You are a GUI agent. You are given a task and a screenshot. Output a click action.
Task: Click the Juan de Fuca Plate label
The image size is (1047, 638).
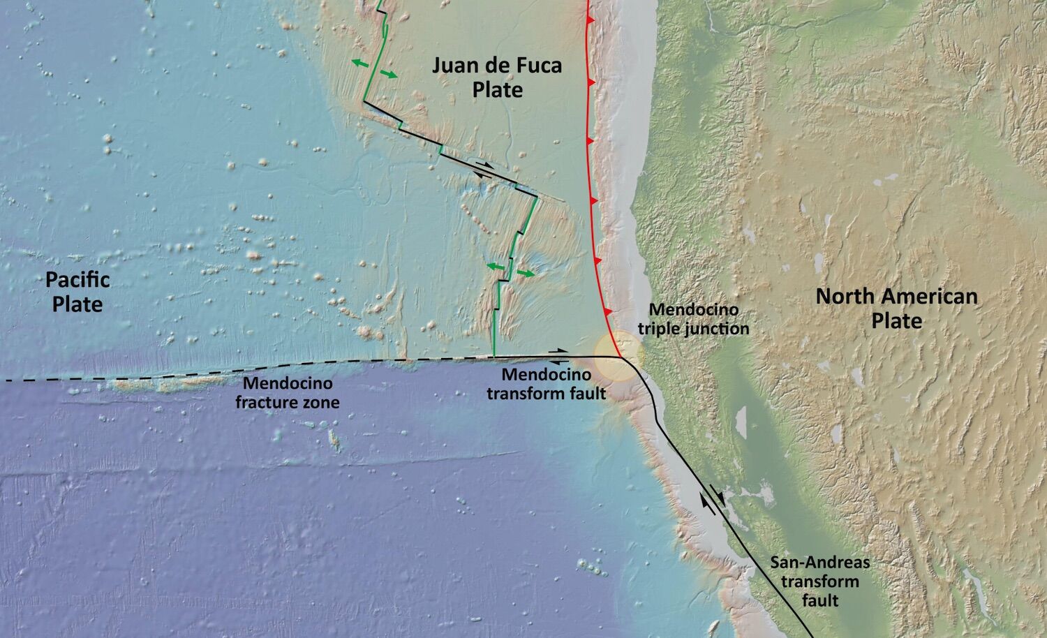point(496,77)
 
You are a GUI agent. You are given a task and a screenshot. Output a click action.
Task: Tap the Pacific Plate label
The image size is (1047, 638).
point(77,292)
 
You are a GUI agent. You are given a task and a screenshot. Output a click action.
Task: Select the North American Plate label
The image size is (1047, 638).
point(896,309)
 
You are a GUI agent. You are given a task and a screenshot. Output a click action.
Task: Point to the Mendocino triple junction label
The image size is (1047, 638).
point(699,319)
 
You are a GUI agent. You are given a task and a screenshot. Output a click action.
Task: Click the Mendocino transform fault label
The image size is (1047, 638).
point(546,385)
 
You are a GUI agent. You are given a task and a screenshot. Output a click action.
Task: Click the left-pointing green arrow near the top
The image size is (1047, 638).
point(360,64)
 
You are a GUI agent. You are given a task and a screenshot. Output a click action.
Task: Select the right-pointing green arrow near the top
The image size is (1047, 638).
point(389,75)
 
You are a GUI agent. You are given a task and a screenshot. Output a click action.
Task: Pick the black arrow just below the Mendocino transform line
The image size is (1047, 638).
point(558,362)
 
